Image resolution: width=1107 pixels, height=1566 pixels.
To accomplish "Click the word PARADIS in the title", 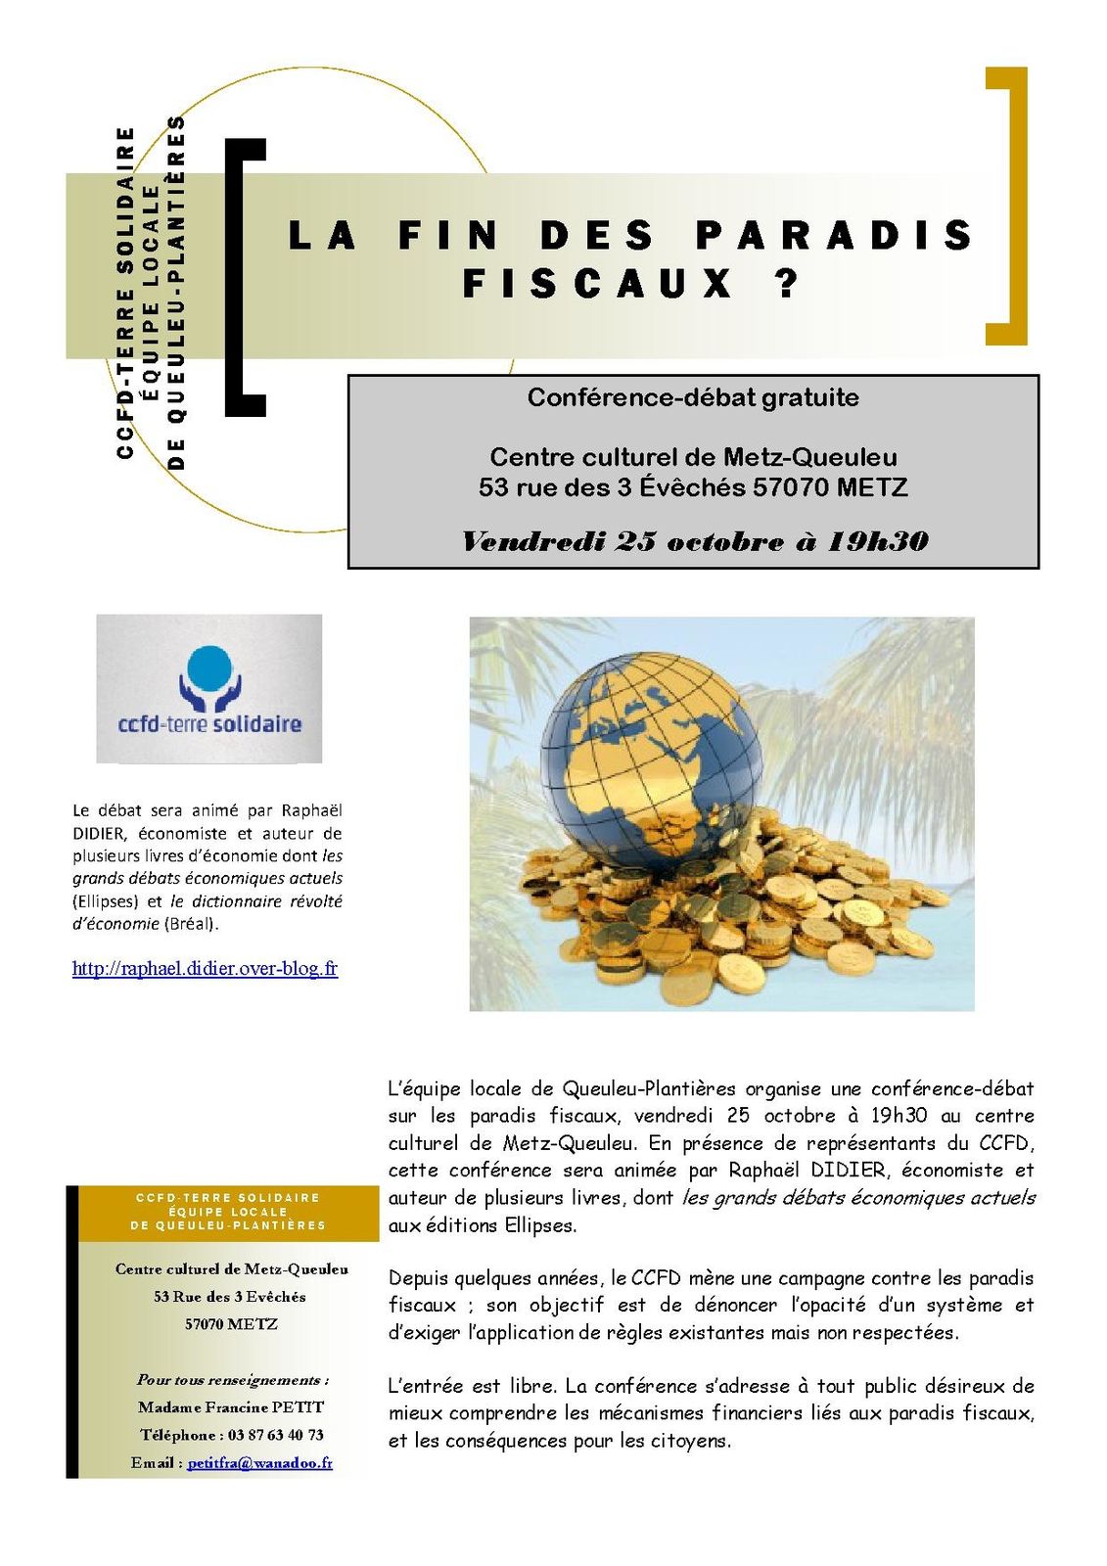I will (834, 236).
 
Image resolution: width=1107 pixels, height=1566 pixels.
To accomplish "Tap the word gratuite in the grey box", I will (809, 397).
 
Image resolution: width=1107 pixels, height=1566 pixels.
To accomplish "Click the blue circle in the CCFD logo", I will (208, 668).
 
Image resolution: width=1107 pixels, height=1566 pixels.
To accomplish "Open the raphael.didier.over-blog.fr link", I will (205, 969).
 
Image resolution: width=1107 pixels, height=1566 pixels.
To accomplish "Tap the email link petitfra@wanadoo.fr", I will (259, 1463).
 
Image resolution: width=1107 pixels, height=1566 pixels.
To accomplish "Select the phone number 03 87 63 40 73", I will (275, 1435).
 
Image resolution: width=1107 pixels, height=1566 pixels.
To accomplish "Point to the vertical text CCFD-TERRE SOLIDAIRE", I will (125, 292).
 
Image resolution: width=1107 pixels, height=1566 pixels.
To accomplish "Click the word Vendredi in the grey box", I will (532, 541).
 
